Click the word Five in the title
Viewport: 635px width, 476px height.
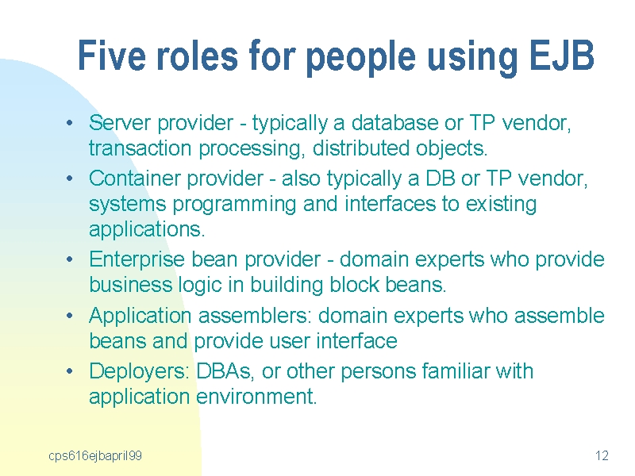click(111, 55)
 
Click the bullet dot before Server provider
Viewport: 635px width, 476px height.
click(70, 123)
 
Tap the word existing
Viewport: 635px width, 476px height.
click(501, 204)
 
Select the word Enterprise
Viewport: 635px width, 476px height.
click(137, 259)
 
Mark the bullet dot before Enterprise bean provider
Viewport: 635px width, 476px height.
click(70, 259)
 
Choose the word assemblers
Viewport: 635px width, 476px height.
click(255, 315)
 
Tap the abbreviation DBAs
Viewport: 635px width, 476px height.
click(225, 371)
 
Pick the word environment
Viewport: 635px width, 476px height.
click(256, 397)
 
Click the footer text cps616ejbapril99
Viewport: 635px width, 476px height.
click(95, 455)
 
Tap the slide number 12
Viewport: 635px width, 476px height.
click(602, 455)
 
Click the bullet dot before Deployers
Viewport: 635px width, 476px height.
click(70, 371)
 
